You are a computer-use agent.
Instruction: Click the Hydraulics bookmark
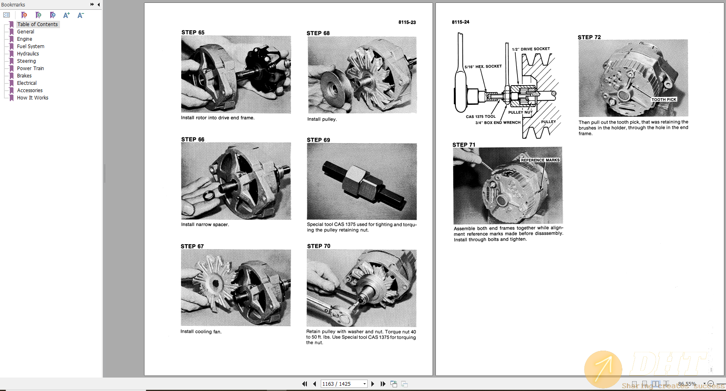pos(28,54)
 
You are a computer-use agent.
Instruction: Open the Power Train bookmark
pos(30,68)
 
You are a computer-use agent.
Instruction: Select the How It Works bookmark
pos(32,98)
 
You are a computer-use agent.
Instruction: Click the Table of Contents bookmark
pos(37,24)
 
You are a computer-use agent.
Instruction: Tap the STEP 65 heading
pos(193,32)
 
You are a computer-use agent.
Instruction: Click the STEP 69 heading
pos(318,140)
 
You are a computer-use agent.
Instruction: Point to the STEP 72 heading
pos(589,37)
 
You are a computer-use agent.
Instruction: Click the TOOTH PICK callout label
pos(664,99)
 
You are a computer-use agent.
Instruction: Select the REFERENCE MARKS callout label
pos(540,160)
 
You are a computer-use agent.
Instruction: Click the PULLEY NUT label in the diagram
pos(520,112)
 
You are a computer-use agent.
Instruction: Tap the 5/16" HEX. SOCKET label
pos(483,66)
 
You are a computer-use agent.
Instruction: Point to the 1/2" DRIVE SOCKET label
pos(531,49)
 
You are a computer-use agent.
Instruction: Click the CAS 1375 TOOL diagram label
pos(481,117)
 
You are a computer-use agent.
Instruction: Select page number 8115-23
pos(407,22)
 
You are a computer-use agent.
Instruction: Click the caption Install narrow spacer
pos(205,225)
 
